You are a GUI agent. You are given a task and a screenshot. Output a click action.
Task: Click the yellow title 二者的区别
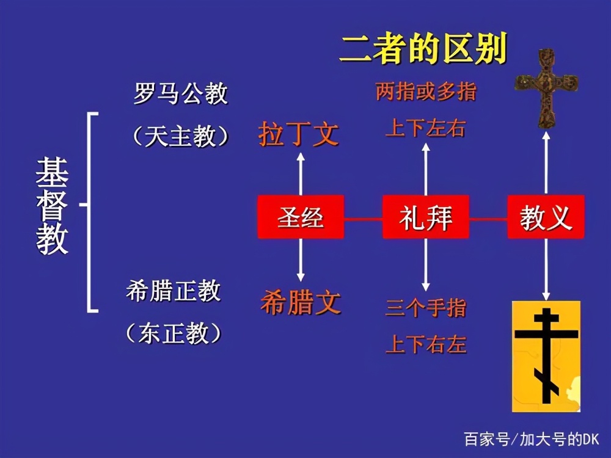coord(423,49)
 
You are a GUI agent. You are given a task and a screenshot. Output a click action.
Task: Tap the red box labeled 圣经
coord(301,217)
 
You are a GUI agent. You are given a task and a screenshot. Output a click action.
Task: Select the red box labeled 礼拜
coord(426,217)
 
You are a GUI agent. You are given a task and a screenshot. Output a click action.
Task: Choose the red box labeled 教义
coord(546,217)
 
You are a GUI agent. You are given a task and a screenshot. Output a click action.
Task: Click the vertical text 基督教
coord(52,207)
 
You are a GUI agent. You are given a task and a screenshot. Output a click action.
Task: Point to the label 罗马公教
coord(180,94)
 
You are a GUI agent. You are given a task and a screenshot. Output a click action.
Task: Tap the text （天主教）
coord(180,136)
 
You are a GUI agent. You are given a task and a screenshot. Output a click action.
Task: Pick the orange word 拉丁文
coord(298,134)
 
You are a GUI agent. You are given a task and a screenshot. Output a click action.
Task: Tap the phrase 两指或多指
coord(426,93)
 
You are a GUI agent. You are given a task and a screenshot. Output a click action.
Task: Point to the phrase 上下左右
coord(426,128)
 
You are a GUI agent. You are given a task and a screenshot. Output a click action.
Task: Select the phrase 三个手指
coord(426,308)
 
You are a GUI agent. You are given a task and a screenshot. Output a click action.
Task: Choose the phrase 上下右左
coord(426,345)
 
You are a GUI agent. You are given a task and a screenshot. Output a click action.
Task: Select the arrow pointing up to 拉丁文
coord(301,173)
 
